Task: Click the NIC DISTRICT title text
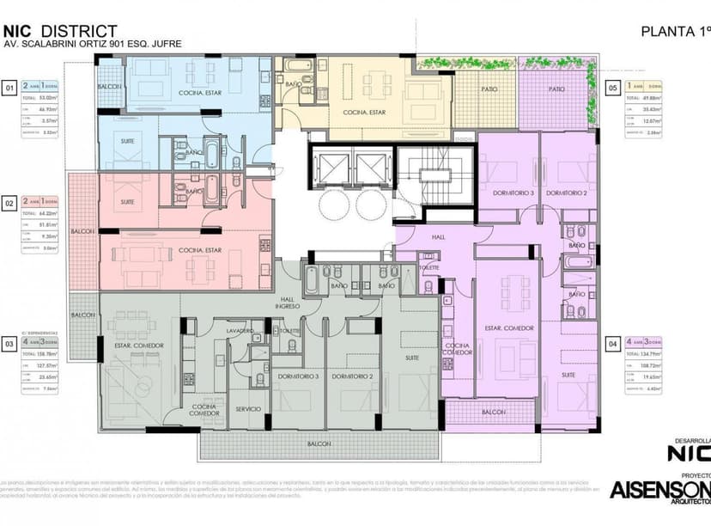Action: (60, 31)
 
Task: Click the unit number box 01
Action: (9, 88)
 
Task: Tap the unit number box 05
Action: (613, 88)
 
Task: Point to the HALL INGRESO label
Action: (287, 302)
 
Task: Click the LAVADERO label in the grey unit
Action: (240, 331)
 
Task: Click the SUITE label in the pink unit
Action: (128, 202)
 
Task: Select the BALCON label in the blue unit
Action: (108, 88)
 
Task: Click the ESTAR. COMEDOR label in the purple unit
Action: (509, 328)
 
